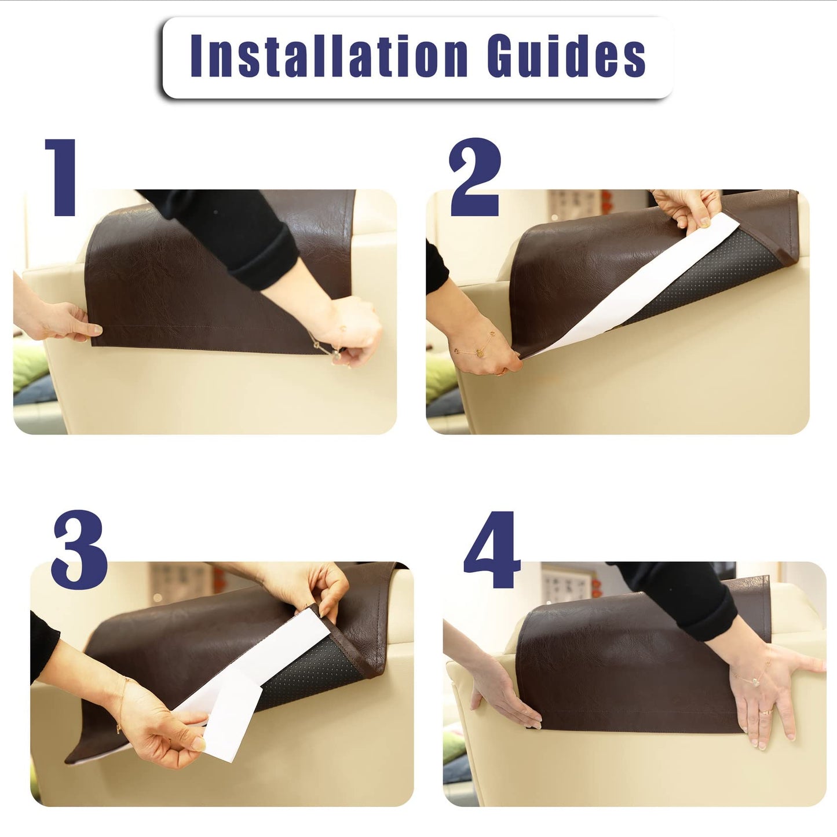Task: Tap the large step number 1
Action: click(61, 177)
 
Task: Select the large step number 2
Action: click(475, 177)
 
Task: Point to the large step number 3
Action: click(79, 550)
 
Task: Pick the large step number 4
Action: click(492, 550)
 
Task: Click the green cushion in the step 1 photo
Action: click(30, 365)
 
